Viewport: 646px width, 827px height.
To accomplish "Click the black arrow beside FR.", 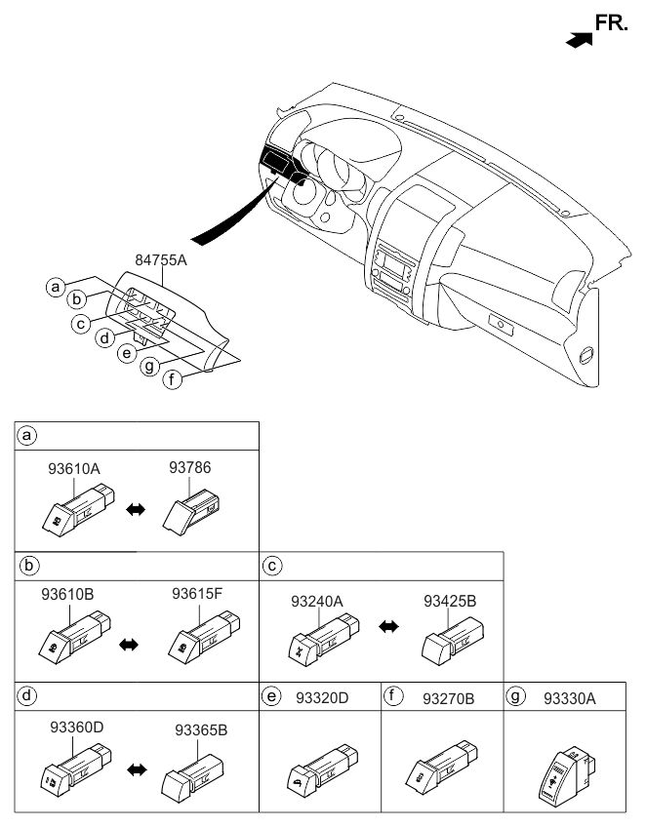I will click(578, 39).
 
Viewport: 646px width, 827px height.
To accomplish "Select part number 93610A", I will click(74, 469).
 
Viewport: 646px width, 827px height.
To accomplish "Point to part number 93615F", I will click(199, 593).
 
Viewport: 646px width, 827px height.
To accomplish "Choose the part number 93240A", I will click(318, 602).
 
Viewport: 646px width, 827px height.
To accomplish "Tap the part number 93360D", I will click(76, 727).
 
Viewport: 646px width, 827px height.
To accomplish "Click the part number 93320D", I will click(324, 698).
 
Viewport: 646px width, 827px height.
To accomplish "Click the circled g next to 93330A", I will click(516, 698).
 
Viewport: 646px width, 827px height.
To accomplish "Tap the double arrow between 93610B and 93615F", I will click(129, 645).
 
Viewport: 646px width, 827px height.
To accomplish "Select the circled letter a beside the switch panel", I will click(57, 287).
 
